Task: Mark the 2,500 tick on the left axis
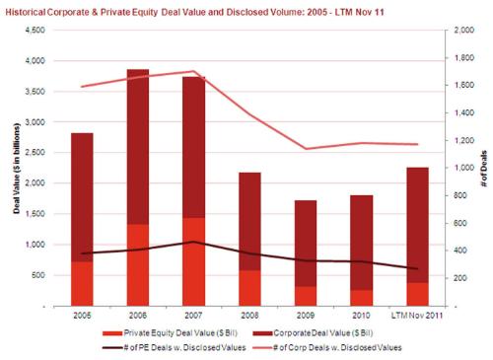(34, 153)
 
